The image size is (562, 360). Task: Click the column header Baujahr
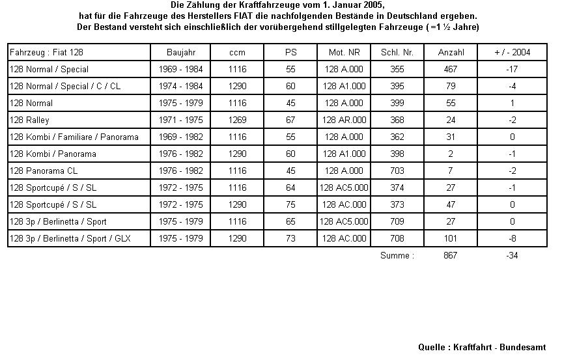tap(180, 52)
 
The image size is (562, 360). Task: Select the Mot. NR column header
tap(344, 52)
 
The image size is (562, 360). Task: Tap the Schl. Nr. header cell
tap(397, 52)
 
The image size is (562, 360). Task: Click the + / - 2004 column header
tap(513, 52)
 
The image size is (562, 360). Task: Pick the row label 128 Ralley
tap(30, 120)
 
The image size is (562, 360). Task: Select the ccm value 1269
tap(238, 120)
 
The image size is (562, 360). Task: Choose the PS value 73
tap(290, 238)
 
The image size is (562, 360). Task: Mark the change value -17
tap(513, 69)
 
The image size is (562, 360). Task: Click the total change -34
tap(513, 255)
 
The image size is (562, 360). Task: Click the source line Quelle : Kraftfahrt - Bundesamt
tap(481, 348)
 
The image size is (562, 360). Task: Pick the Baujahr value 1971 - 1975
tap(180, 120)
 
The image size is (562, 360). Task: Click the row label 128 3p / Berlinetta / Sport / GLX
tap(70, 238)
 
